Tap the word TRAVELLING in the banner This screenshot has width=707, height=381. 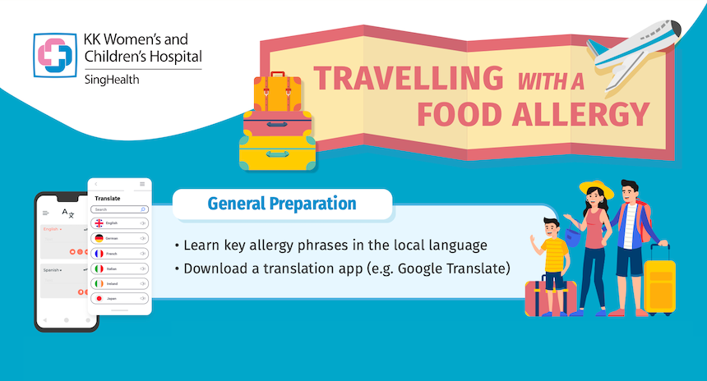[409, 79]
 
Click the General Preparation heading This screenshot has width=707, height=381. [281, 204]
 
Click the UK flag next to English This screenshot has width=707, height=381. [99, 223]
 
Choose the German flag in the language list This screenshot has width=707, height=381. [99, 238]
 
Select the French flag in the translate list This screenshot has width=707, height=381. [99, 253]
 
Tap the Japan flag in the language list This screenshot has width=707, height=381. [99, 298]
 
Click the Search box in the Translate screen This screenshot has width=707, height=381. [119, 209]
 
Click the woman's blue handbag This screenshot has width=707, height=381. [593, 236]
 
